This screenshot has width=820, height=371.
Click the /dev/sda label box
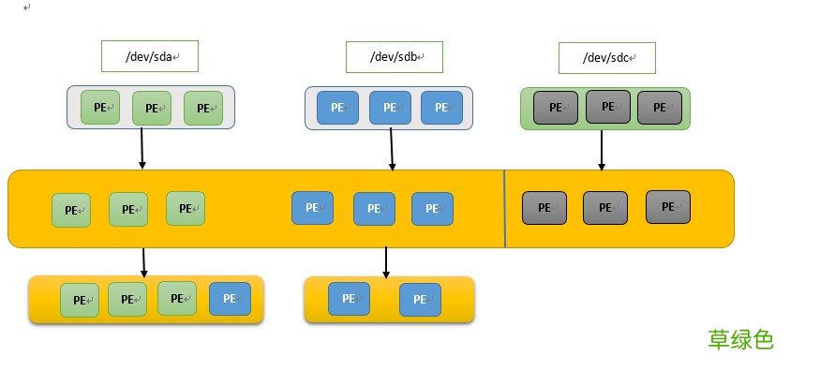150,56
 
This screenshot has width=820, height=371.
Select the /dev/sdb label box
394,56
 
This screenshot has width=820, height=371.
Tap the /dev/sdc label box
607,58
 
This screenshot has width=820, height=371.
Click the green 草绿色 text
740,339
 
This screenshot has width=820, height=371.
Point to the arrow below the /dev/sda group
142,149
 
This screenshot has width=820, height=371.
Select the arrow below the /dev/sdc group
602,150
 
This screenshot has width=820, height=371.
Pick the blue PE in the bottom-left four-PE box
230,299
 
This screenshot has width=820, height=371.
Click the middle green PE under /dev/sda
152,108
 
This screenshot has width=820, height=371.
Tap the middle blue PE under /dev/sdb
390,108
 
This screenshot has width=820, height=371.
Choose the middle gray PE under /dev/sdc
608,107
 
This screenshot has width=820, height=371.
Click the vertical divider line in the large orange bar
505,208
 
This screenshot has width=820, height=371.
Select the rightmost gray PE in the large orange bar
668,206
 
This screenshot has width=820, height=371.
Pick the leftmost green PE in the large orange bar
71,210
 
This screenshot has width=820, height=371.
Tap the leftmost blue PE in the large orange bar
312,207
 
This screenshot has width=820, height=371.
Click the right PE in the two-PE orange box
420,300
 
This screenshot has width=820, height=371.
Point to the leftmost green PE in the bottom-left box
80,301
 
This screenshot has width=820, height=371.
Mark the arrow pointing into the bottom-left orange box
143,262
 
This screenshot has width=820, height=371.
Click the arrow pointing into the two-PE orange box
386,262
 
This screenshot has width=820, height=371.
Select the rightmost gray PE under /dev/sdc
660,108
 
